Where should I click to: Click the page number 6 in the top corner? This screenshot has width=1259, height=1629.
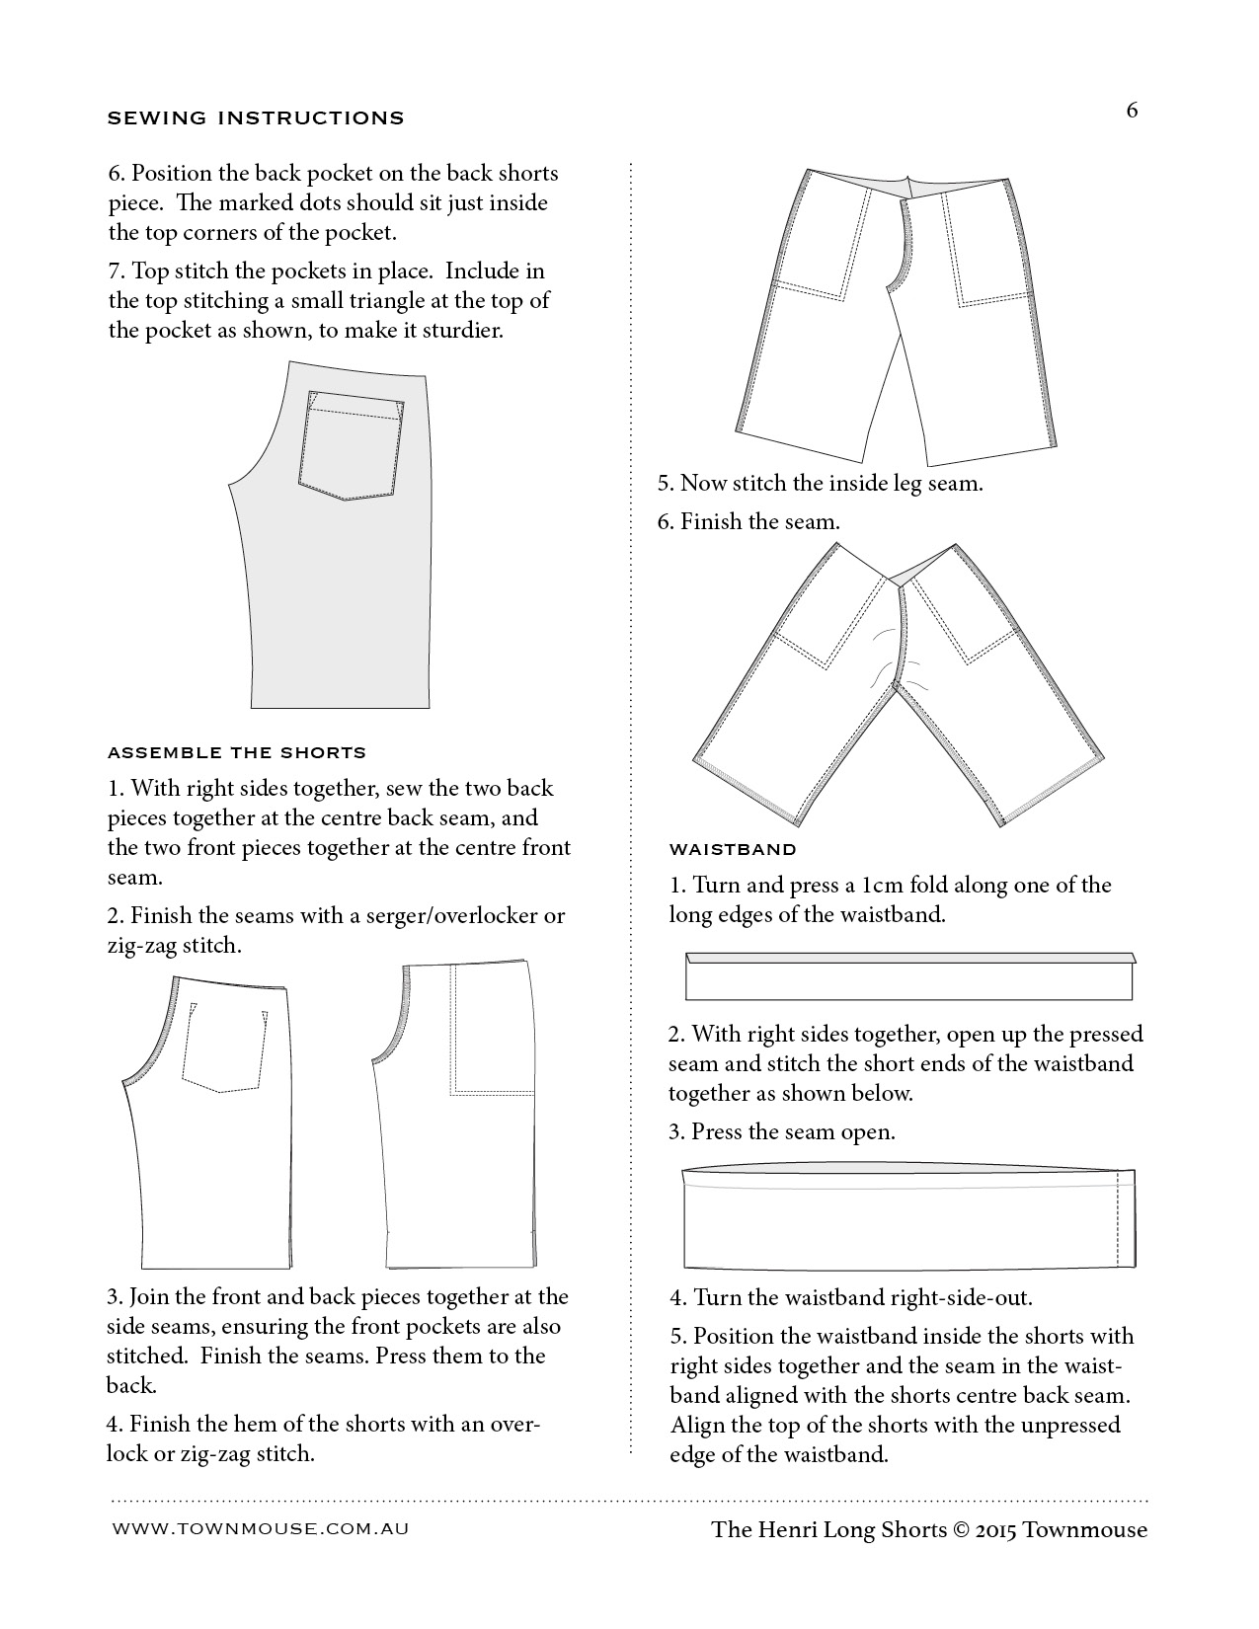[x=1132, y=111]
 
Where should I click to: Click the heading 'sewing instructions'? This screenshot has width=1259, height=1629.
[x=255, y=118]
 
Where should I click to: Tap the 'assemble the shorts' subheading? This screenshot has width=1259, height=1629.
[x=236, y=752]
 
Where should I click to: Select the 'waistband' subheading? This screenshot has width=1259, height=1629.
[x=732, y=849]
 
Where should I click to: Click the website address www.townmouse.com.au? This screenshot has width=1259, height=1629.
[x=261, y=1528]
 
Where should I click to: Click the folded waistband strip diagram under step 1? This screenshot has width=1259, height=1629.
[x=908, y=976]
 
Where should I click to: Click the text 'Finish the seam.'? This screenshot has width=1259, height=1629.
[x=759, y=521]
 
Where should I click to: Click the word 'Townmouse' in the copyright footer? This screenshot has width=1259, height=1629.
[x=1085, y=1529]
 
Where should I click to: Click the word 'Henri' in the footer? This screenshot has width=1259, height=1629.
[x=789, y=1529]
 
